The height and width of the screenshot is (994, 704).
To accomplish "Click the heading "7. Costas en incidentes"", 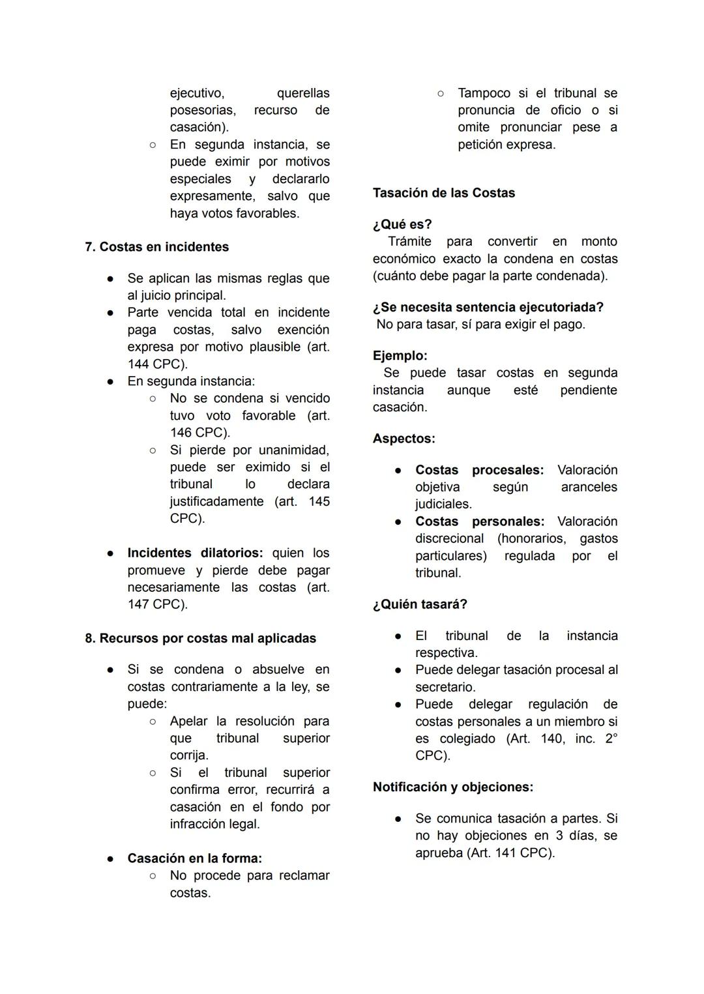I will pyautogui.click(x=156, y=247).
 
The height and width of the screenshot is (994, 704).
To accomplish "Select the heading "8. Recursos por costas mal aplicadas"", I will pyautogui.click(x=200, y=638).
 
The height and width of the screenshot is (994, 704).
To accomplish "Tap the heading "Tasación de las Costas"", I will pyautogui.click(x=443, y=193).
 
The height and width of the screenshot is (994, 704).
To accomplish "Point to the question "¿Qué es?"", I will pyautogui.click(x=402, y=224).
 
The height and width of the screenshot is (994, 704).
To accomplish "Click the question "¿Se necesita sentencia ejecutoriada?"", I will pyautogui.click(x=488, y=307).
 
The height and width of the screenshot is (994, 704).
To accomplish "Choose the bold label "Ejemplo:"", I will pyautogui.click(x=400, y=356).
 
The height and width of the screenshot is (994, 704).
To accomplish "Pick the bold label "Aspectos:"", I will pyautogui.click(x=403, y=439).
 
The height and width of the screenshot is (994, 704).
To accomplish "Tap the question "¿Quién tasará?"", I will pyautogui.click(x=420, y=604).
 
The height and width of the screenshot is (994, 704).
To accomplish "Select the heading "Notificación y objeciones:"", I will pyautogui.click(x=452, y=787).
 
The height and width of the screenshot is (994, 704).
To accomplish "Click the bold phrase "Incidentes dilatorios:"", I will pyautogui.click(x=195, y=553).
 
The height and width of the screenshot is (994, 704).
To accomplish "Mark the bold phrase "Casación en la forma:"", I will pyautogui.click(x=194, y=858).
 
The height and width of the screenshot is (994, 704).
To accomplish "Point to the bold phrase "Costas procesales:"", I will pyautogui.click(x=479, y=470).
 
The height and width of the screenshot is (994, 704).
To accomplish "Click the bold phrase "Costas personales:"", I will pyautogui.click(x=479, y=521).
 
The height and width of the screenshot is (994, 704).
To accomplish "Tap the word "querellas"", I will pyautogui.click(x=303, y=93).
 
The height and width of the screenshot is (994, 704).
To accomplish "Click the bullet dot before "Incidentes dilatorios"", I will pyautogui.click(x=111, y=553).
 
